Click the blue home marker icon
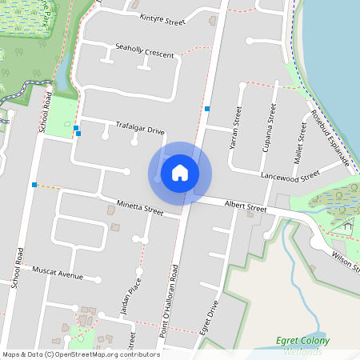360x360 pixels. click(180, 173)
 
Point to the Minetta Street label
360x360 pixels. click(139, 209)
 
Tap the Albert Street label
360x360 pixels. click(245, 207)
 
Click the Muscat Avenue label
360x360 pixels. click(58, 274)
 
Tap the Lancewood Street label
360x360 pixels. click(290, 173)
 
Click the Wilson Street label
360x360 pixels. click(344, 260)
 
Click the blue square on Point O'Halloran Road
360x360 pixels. click(207, 108)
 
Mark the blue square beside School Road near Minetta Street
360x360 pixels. click(34, 185)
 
